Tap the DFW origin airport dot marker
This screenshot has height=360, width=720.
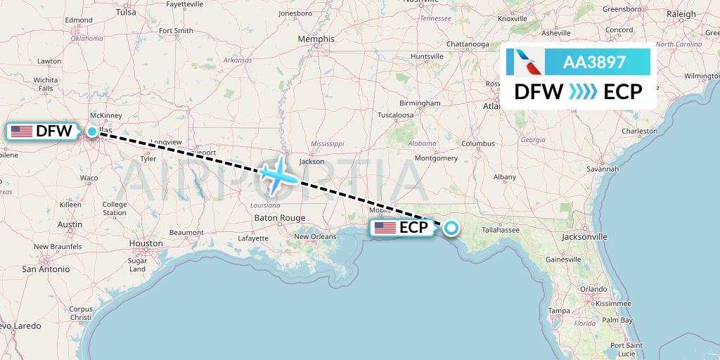(92, 131)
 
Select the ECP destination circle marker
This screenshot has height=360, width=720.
(450, 227)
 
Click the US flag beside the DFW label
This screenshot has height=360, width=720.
(22, 131)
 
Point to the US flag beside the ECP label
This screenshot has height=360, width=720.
(385, 227)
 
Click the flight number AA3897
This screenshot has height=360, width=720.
(594, 62)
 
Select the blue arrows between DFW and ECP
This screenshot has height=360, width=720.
(583, 92)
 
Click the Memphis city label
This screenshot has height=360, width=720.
(316, 39)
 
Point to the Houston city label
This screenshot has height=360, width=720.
(146, 243)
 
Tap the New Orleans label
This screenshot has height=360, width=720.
(315, 236)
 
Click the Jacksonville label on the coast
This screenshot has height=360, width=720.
(584, 237)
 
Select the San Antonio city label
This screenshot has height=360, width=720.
(46, 269)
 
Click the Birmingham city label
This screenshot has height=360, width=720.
(419, 103)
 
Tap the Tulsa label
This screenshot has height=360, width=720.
(126, 12)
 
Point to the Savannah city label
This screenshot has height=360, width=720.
(604, 169)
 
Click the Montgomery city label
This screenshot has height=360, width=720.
(437, 158)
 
